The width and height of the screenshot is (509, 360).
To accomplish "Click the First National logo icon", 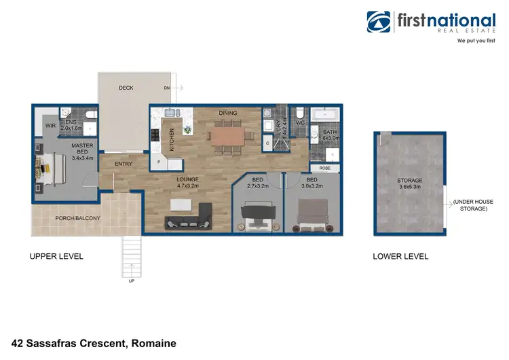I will point(379,22).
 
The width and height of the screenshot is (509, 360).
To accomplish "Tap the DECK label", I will point(126,88).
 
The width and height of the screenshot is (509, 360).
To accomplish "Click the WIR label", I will point(50,126).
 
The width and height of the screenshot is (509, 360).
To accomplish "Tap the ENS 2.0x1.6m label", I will point(71,124).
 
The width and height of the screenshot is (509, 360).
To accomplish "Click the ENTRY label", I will point(124,164).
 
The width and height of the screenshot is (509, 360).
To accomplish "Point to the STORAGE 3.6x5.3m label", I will point(409,184).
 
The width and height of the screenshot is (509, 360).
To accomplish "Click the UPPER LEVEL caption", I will point(56,256).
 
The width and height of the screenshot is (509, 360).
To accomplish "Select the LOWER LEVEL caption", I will point(400,256).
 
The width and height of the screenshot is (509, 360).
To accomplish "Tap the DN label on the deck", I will point(166,88).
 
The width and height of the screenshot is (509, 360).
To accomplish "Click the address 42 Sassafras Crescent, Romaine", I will point(94,343).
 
